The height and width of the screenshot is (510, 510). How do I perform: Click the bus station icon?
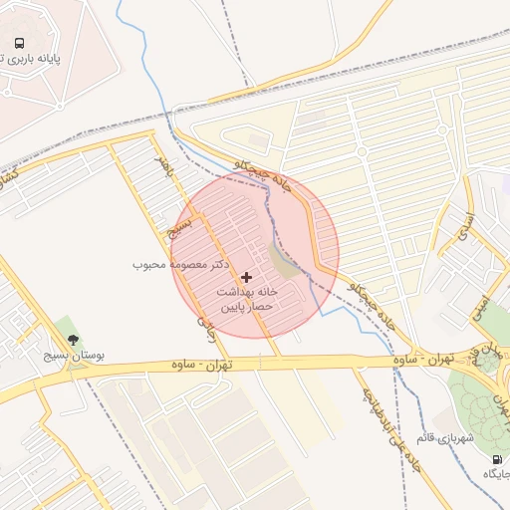19,44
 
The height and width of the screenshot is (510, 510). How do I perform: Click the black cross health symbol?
247,276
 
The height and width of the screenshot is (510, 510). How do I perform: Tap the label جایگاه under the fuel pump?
495,474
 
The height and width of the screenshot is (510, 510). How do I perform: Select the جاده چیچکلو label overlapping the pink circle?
271,176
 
